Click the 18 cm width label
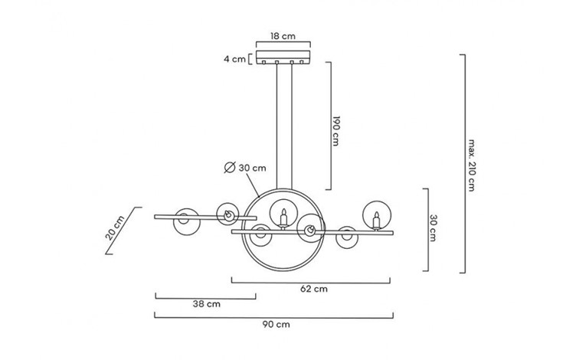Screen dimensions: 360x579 click(283, 36)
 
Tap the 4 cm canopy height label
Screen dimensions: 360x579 click(234, 58)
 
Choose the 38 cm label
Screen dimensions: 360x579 click(205, 304)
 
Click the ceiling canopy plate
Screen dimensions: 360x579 click(283, 58)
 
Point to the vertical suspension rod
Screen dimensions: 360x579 click(283, 123)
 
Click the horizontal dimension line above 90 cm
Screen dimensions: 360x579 click(274, 315)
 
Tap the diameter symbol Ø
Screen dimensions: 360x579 click(229, 168)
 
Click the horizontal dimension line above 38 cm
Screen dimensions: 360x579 click(205, 295)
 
